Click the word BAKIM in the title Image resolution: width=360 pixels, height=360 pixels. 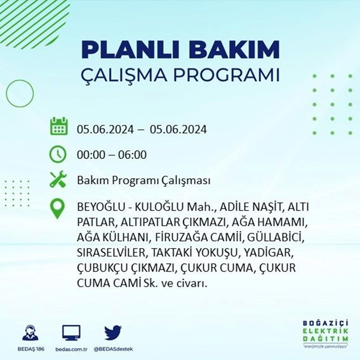tap(234, 50)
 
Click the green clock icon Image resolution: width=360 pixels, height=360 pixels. tap(58, 154)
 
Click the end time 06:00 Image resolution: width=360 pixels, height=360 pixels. tap(132, 155)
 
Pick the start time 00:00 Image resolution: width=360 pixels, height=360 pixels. tap(91, 155)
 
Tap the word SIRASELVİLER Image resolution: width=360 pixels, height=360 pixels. tap(111, 253)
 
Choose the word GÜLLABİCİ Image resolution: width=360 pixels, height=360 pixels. tap(276, 238)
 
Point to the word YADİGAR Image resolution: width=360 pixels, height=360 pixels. tap(269, 253)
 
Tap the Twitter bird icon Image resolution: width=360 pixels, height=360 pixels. tap(113, 332)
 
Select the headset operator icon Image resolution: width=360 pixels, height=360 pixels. tap(31, 332)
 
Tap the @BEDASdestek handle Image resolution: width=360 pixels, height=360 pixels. tap(113, 349)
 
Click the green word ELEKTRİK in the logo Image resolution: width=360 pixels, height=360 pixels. tap(325, 331)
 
